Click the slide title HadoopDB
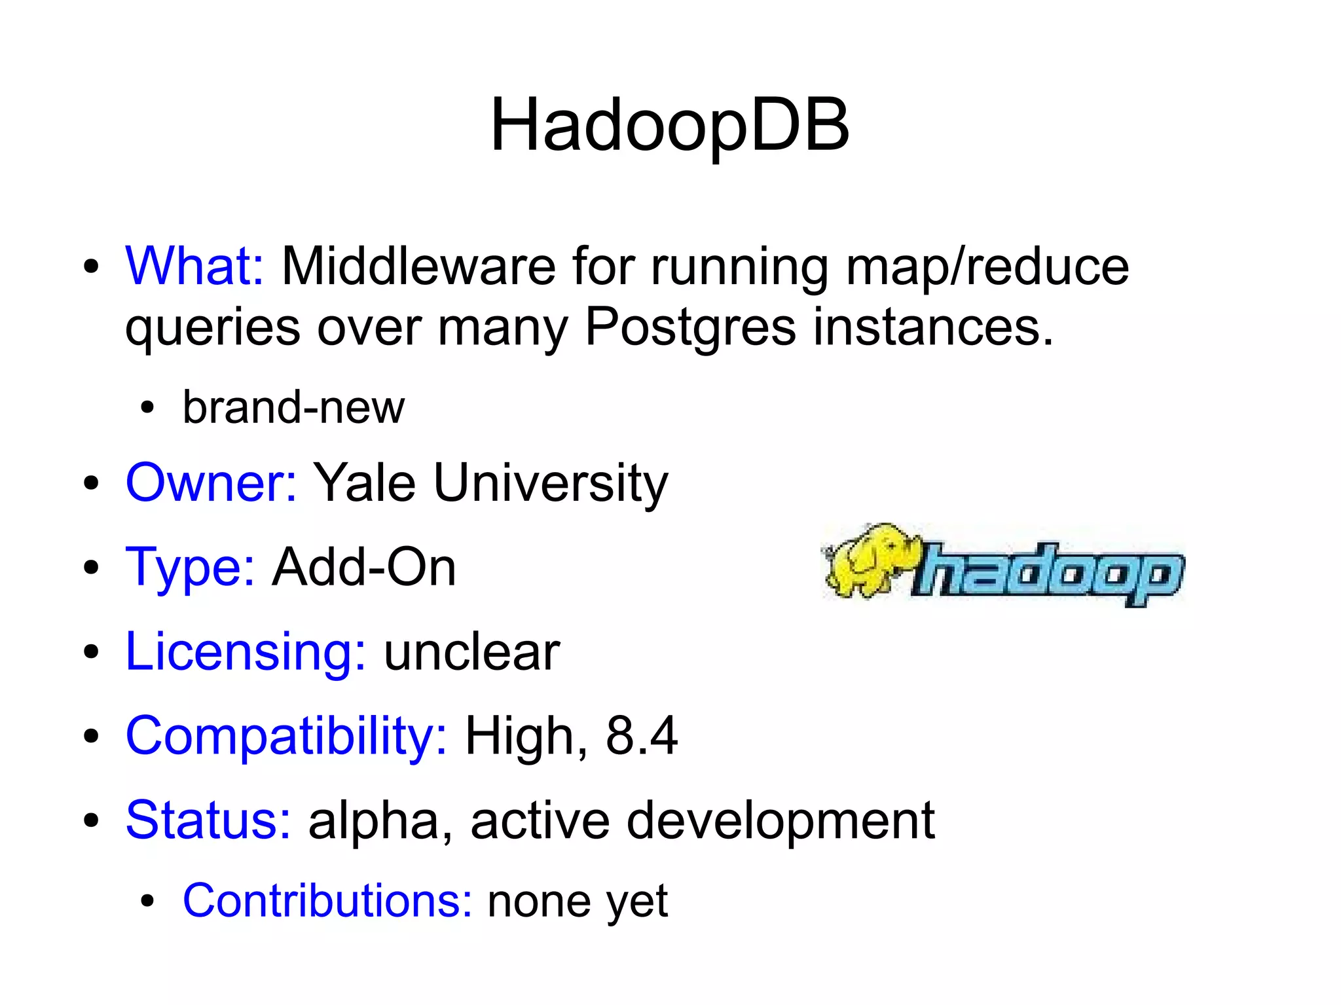[x=669, y=124]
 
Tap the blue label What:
[x=194, y=266]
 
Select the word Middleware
[x=418, y=266]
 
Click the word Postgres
[x=690, y=327]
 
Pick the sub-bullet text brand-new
[x=293, y=407]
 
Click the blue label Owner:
[x=211, y=483]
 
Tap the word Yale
[x=365, y=483]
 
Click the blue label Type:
[x=190, y=567]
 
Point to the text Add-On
[x=364, y=567]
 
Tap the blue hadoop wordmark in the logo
[x=1048, y=573]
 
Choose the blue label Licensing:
[x=246, y=652]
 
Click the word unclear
[x=471, y=652]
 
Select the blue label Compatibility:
[x=286, y=737]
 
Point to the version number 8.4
[x=641, y=736]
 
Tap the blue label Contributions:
[x=327, y=901]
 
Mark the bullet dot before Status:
[x=91, y=820]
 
